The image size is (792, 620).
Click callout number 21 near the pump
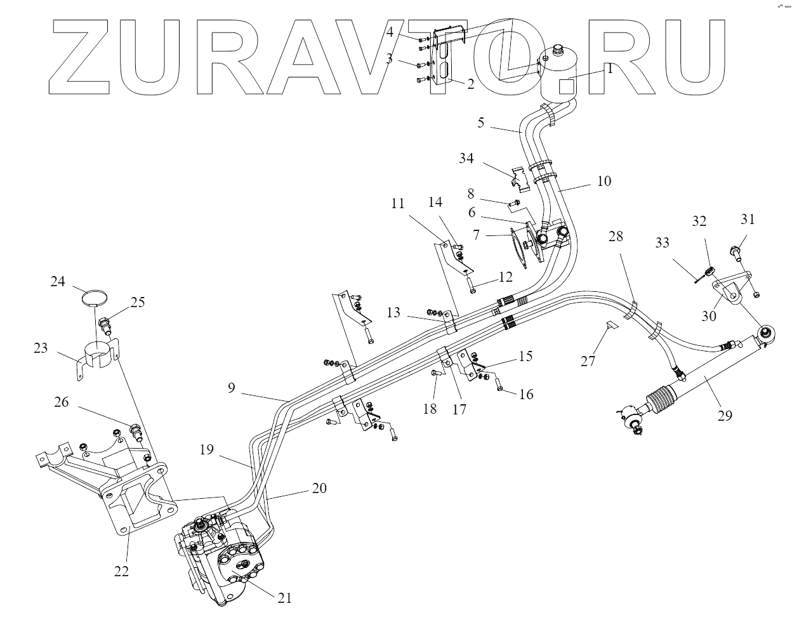pyautogui.click(x=284, y=597)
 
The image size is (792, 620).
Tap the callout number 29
pyautogui.click(x=724, y=415)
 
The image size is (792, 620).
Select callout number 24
pyautogui.click(x=58, y=281)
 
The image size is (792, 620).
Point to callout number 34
pyautogui.click(x=466, y=158)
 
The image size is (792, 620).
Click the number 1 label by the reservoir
pyautogui.click(x=610, y=69)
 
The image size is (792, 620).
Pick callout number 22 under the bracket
pyautogui.click(x=121, y=571)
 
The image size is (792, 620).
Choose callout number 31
pyautogui.click(x=748, y=220)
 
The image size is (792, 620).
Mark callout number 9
pyautogui.click(x=232, y=387)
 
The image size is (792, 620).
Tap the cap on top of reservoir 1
pyautogui.click(x=559, y=50)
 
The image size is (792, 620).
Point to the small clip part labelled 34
pyautogui.click(x=520, y=178)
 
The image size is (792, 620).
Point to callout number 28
pyautogui.click(x=616, y=237)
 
